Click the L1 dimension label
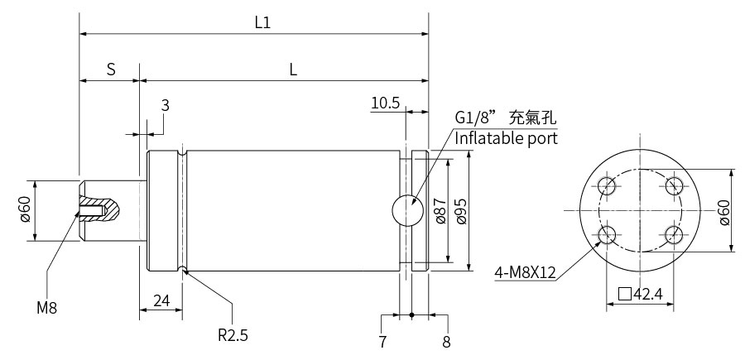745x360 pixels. [262, 22]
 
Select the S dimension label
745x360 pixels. [111, 70]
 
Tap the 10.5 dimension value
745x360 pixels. [385, 103]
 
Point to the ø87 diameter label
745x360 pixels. [440, 210]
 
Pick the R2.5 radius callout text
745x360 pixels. [233, 335]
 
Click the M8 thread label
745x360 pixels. [47, 308]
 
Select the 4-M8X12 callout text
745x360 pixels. [525, 272]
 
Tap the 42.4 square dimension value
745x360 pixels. [647, 294]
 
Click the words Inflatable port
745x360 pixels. [506, 138]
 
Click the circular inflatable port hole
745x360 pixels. [407, 210]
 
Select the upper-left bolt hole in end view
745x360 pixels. [608, 185]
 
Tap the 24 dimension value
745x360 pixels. [161, 300]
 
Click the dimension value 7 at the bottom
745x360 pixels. [382, 342]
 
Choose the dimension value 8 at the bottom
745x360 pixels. [446, 342]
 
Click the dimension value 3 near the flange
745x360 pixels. [165, 105]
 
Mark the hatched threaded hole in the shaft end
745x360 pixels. [92, 210]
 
